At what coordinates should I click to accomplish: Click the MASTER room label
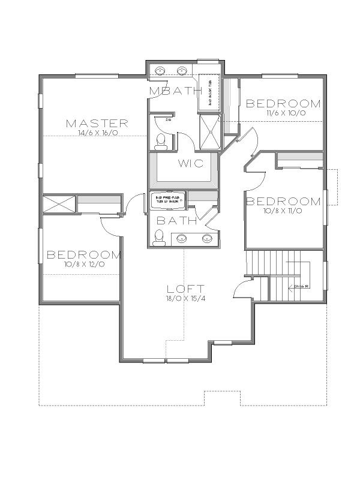[x=97, y=124]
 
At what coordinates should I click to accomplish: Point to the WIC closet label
[x=190, y=163]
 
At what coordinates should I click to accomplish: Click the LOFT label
[x=187, y=288]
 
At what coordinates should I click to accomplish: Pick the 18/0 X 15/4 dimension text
[x=187, y=298]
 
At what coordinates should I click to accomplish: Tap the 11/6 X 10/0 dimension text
[x=284, y=112]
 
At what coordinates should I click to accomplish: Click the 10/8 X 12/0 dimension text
[x=85, y=264]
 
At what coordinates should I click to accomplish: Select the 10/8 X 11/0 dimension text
[x=284, y=211]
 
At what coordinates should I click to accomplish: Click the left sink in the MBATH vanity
[x=161, y=71]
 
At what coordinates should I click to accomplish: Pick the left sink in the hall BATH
[x=185, y=238]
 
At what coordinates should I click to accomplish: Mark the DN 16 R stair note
[x=301, y=286]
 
